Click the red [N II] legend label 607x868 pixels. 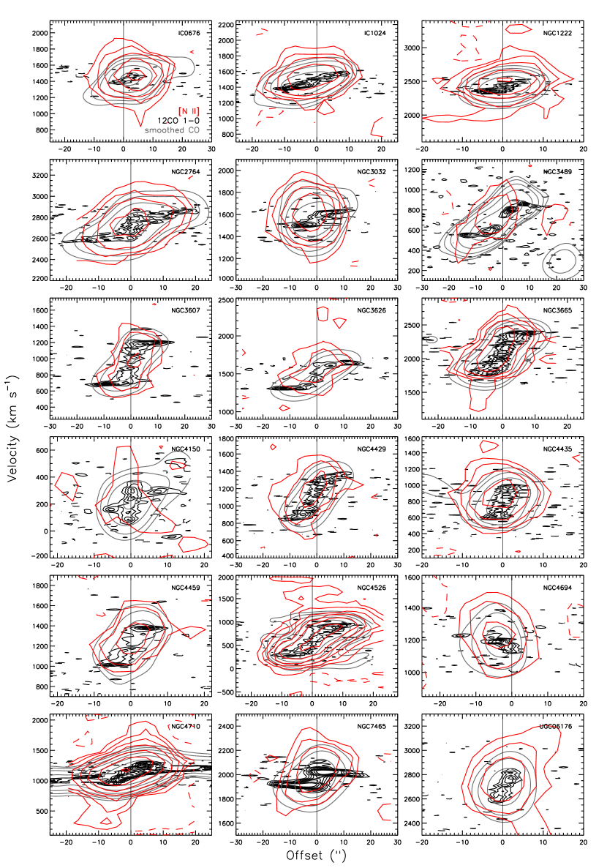(x=189, y=111)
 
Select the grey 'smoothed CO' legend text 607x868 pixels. (x=172, y=130)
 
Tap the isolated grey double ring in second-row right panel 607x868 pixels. (x=563, y=261)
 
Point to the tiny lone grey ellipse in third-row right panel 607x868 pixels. (x=431, y=339)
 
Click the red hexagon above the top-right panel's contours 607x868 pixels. (x=519, y=29)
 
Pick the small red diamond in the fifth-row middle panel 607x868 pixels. (x=301, y=599)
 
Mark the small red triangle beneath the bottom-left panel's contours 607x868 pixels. (x=106, y=823)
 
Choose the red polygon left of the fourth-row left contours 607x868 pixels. (x=67, y=486)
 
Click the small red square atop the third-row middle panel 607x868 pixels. (x=323, y=313)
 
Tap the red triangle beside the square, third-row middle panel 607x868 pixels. (x=339, y=322)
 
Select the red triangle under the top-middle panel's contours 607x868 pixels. (x=325, y=108)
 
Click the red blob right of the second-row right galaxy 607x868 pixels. (x=555, y=219)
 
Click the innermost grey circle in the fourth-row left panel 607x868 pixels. (x=129, y=503)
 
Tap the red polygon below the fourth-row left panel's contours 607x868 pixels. (x=193, y=544)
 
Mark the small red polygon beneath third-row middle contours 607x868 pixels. (x=284, y=408)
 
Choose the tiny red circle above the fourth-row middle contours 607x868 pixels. (x=273, y=446)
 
